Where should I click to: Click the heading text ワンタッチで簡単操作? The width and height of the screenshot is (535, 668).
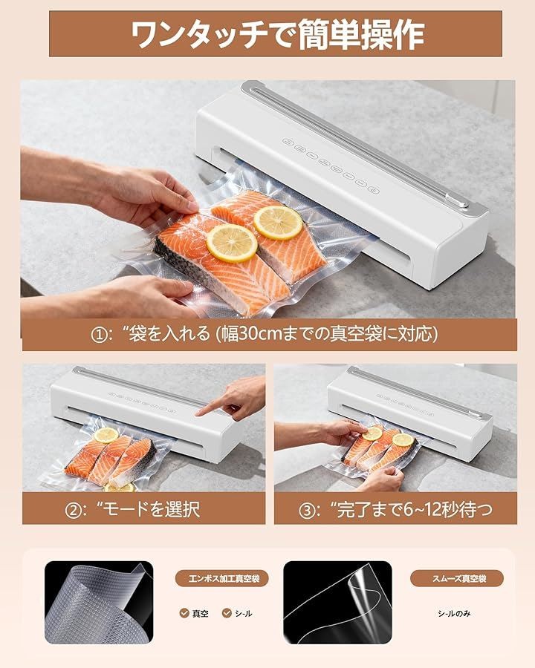click(x=277, y=34)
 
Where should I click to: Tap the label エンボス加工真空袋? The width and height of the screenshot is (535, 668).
click(x=224, y=578)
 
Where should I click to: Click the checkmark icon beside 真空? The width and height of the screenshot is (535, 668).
click(x=184, y=613)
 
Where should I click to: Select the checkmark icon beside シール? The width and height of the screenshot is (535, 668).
click(x=227, y=613)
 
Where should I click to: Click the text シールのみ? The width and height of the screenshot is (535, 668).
click(x=454, y=614)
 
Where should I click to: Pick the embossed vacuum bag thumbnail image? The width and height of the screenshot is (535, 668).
click(x=99, y=603)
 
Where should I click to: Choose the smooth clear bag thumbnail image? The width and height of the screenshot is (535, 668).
click(x=337, y=603)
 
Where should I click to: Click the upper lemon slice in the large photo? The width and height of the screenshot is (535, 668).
click(x=278, y=223)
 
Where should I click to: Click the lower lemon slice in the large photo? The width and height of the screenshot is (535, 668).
click(x=232, y=243)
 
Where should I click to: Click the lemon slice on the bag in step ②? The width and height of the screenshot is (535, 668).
click(x=106, y=435)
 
